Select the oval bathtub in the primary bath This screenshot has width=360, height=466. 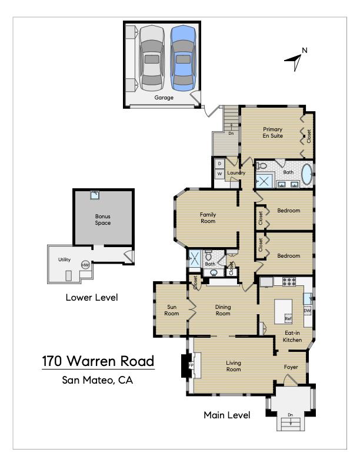click(x=307, y=174)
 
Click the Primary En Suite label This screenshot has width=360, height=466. click(x=273, y=132)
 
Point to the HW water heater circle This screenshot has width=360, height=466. click(x=86, y=265)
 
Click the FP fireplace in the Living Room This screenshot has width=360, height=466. click(x=191, y=365)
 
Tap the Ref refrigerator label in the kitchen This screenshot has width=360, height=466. click(x=288, y=319)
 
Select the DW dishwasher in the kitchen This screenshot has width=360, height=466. click(x=307, y=311)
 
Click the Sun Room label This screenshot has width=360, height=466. click(x=171, y=310)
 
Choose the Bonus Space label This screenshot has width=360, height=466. click(x=103, y=219)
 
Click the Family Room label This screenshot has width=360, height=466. click(x=208, y=218)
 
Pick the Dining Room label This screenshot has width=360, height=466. click(x=223, y=310)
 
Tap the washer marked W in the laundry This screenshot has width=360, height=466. click(x=219, y=174)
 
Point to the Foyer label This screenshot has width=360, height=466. click(x=291, y=367)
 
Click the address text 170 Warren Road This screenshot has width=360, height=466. click(x=98, y=360)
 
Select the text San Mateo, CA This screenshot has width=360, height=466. click(x=98, y=380)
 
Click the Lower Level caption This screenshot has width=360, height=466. click(x=91, y=298)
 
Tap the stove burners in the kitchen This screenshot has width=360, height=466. click(x=288, y=281)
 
